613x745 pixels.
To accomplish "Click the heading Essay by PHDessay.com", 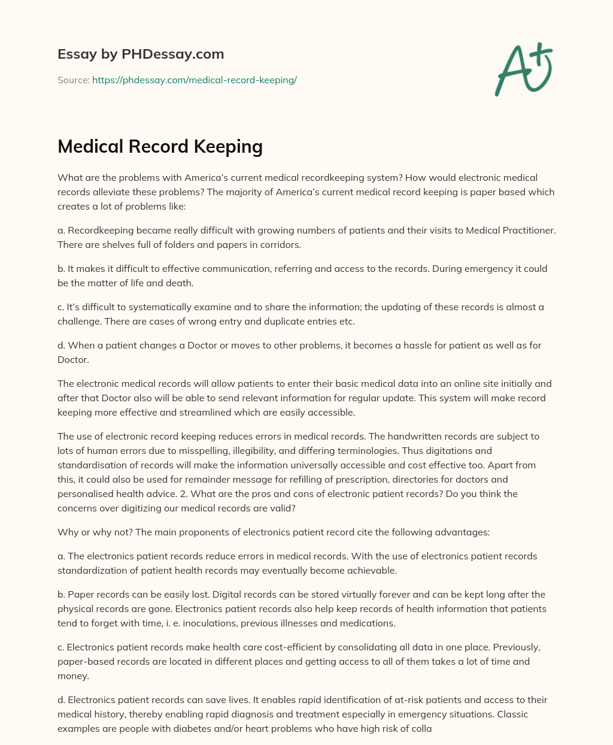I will (x=141, y=54).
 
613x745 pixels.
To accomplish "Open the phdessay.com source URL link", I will (x=195, y=80).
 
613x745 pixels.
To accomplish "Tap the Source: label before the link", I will (x=73, y=80).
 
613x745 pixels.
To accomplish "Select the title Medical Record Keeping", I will (x=160, y=147).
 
